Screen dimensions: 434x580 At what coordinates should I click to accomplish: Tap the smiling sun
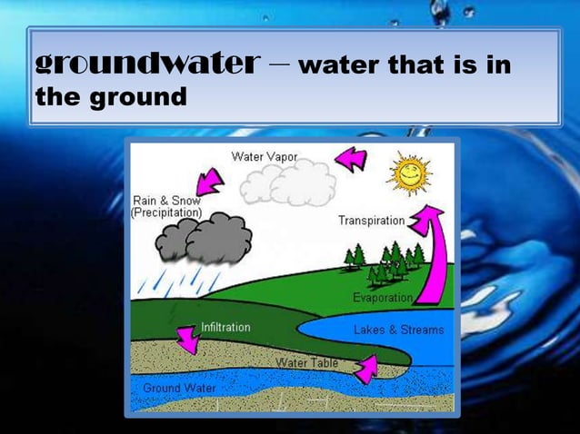tap(409, 173)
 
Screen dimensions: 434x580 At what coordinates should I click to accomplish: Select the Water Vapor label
tap(264, 156)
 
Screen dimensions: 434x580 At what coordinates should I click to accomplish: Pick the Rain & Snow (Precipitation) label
tap(167, 206)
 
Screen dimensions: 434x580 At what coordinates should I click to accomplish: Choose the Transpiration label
tap(371, 221)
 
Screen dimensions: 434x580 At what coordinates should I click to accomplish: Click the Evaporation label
tap(383, 298)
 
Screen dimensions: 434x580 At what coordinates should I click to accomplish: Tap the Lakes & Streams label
tap(398, 330)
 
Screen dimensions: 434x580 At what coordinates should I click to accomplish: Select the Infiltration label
tap(225, 327)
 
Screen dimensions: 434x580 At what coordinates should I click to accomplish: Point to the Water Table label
tap(307, 363)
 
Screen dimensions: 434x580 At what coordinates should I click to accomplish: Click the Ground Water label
tap(179, 389)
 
